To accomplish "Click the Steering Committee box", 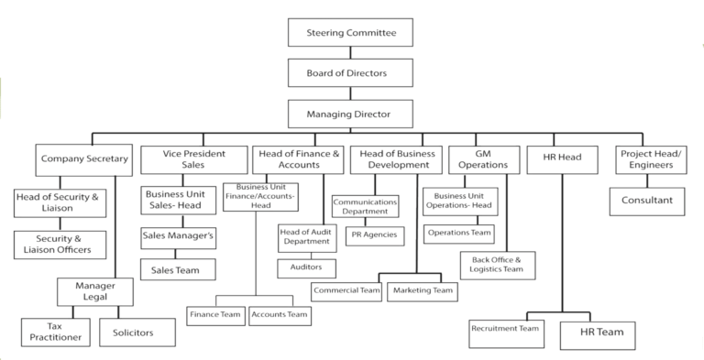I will [x=351, y=33].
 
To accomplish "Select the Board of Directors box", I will [x=351, y=72].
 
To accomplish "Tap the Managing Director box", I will [x=351, y=115].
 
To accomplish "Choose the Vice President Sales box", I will [x=191, y=159].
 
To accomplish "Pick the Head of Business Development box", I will [x=396, y=159].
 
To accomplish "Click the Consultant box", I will [x=647, y=201].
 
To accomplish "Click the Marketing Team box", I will [x=423, y=290].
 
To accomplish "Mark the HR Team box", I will [x=601, y=332].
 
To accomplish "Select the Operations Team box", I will [x=458, y=233].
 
